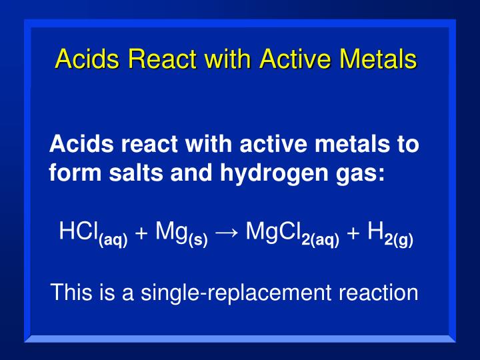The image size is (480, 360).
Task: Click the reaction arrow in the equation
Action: click(x=227, y=233)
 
